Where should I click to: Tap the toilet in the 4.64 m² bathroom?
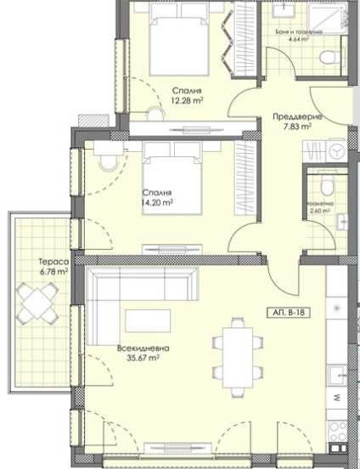click(327, 56)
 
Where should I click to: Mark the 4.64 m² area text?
click(298, 38)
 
